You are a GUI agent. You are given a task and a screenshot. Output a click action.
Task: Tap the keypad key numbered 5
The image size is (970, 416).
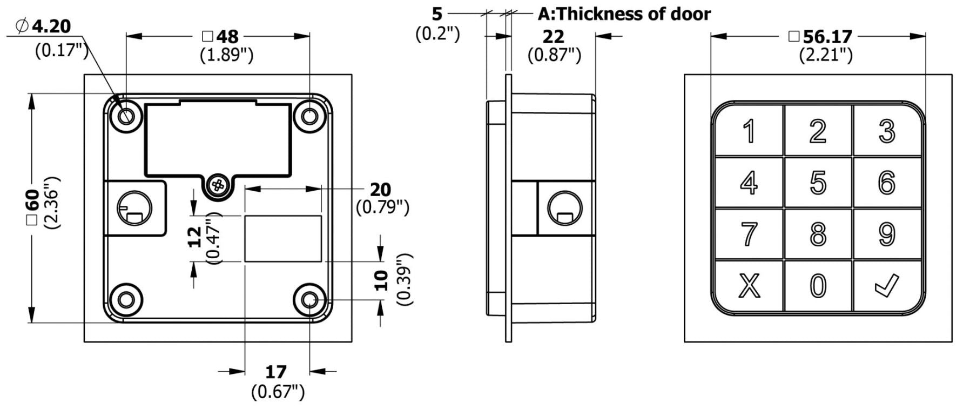818,183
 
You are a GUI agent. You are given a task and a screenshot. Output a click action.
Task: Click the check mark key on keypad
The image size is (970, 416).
887,285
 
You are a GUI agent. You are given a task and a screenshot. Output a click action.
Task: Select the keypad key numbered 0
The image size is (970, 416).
818,285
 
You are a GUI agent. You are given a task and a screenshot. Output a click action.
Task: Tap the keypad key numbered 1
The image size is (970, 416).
749,131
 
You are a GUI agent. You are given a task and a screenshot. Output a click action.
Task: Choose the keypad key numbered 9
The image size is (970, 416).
887,234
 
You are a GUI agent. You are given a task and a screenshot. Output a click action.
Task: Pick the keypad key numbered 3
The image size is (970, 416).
887,131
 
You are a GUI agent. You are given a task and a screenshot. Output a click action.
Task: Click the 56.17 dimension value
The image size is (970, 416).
827,37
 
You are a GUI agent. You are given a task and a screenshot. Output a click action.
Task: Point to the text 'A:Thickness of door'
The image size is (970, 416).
624,14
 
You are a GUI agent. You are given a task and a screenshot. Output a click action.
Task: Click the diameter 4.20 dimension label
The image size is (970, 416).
51,25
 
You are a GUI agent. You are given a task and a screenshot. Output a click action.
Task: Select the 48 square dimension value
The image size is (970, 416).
227,37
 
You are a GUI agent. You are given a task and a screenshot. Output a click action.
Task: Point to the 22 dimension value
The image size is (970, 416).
553,37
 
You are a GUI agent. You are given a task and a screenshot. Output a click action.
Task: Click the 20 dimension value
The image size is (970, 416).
380,190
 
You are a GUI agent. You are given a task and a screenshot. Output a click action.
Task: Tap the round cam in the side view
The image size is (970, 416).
565,209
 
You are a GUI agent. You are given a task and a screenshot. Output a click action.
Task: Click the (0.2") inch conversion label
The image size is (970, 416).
437,33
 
